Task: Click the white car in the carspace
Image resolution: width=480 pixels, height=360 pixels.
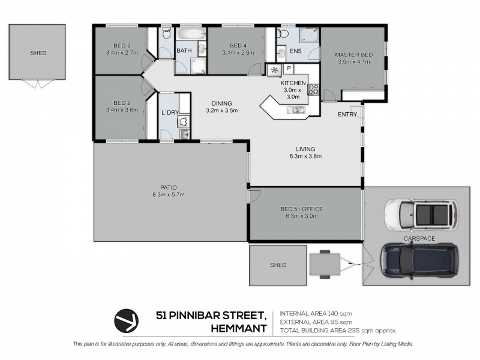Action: pos(422,215)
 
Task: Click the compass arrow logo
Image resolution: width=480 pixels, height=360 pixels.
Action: pos(127,320)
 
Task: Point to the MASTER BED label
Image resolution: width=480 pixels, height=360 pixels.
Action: pos(353,55)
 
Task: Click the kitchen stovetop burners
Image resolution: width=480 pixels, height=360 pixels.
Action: pos(313,89)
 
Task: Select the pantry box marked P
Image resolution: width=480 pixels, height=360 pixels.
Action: pos(289,68)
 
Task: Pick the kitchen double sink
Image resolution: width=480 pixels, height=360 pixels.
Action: pos(296,110)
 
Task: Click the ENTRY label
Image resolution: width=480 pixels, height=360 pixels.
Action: pos(347,115)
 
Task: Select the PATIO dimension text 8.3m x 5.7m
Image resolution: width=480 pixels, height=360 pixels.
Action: pos(169,194)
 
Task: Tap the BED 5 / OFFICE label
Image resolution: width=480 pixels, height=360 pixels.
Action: pos(302,209)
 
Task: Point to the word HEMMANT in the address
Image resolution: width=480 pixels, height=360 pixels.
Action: pos(239,328)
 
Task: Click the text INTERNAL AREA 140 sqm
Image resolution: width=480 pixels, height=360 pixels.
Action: pos(316,313)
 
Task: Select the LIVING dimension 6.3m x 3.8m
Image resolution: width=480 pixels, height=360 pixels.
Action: pos(305,156)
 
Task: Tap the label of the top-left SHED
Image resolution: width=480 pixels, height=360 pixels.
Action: pos(38,53)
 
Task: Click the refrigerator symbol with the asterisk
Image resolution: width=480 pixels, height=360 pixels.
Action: pos(274,70)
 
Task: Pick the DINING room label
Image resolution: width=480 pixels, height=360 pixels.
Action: pos(221,103)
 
